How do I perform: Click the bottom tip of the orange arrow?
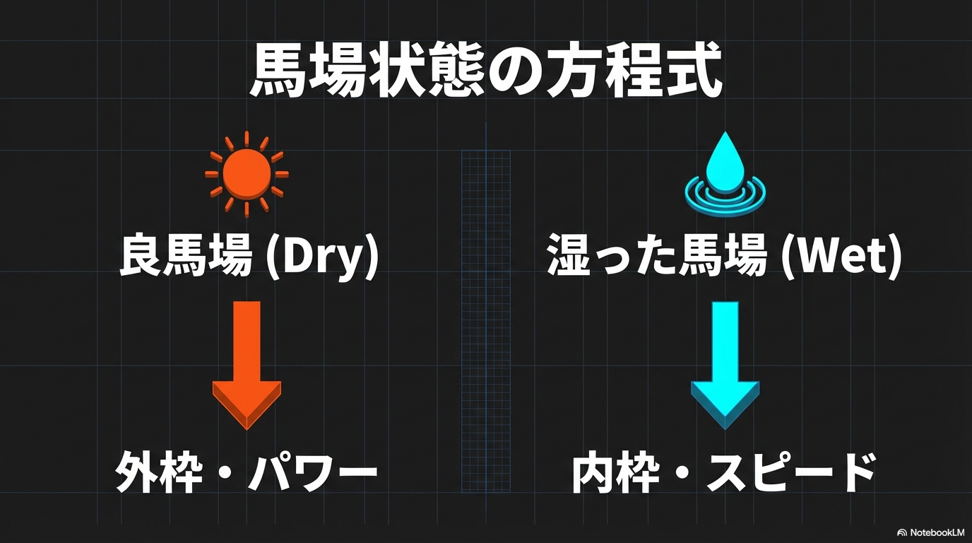(x=247, y=429)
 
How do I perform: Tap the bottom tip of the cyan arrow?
(x=725, y=429)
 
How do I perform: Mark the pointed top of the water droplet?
(x=724, y=132)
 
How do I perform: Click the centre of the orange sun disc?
(x=247, y=173)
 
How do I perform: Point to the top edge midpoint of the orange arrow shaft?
(x=247, y=301)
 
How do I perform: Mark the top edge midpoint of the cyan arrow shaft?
(x=725, y=302)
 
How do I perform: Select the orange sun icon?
(x=247, y=173)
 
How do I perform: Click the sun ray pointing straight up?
(x=247, y=139)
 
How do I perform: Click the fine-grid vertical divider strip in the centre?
(x=486, y=322)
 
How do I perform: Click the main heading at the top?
(x=486, y=69)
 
